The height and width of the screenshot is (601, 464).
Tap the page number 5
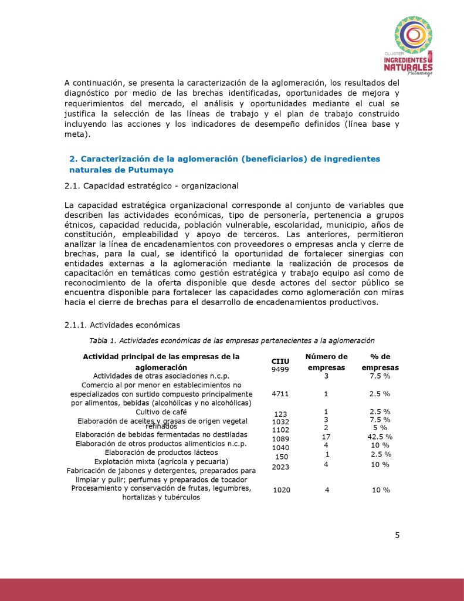pyautogui.click(x=397, y=535)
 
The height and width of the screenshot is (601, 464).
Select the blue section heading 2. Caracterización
pyautogui.click(x=224, y=164)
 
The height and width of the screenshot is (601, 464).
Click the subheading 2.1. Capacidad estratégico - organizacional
pyautogui.click(x=151, y=186)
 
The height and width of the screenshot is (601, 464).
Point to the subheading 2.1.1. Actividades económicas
pyautogui.click(x=122, y=325)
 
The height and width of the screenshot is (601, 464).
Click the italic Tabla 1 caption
pyautogui.click(x=232, y=340)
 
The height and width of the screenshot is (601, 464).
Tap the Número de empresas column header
pyautogui.click(x=326, y=362)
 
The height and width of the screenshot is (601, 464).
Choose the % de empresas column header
pyautogui.click(x=380, y=362)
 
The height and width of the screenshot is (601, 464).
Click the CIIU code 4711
pyautogui.click(x=280, y=394)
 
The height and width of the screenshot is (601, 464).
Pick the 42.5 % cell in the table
pyautogui.click(x=380, y=437)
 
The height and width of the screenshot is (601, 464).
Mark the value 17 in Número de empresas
pyautogui.click(x=327, y=437)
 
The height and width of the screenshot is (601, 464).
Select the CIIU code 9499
pyautogui.click(x=280, y=369)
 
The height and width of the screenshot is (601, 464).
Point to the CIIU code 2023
pyautogui.click(x=280, y=467)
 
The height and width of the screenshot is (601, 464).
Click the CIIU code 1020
pyautogui.click(x=282, y=489)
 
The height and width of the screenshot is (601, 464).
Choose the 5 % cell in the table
pyautogui.click(x=380, y=428)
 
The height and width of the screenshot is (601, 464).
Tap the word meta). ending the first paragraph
pyautogui.click(x=75, y=134)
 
